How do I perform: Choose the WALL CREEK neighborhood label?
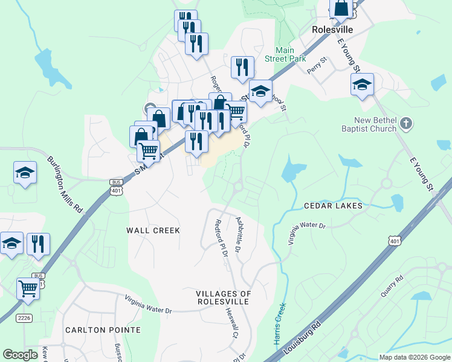(x=153, y=230)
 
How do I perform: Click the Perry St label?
(x=316, y=63)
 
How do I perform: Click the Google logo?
(x=20, y=355)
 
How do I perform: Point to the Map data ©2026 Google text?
(x=414, y=357)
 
